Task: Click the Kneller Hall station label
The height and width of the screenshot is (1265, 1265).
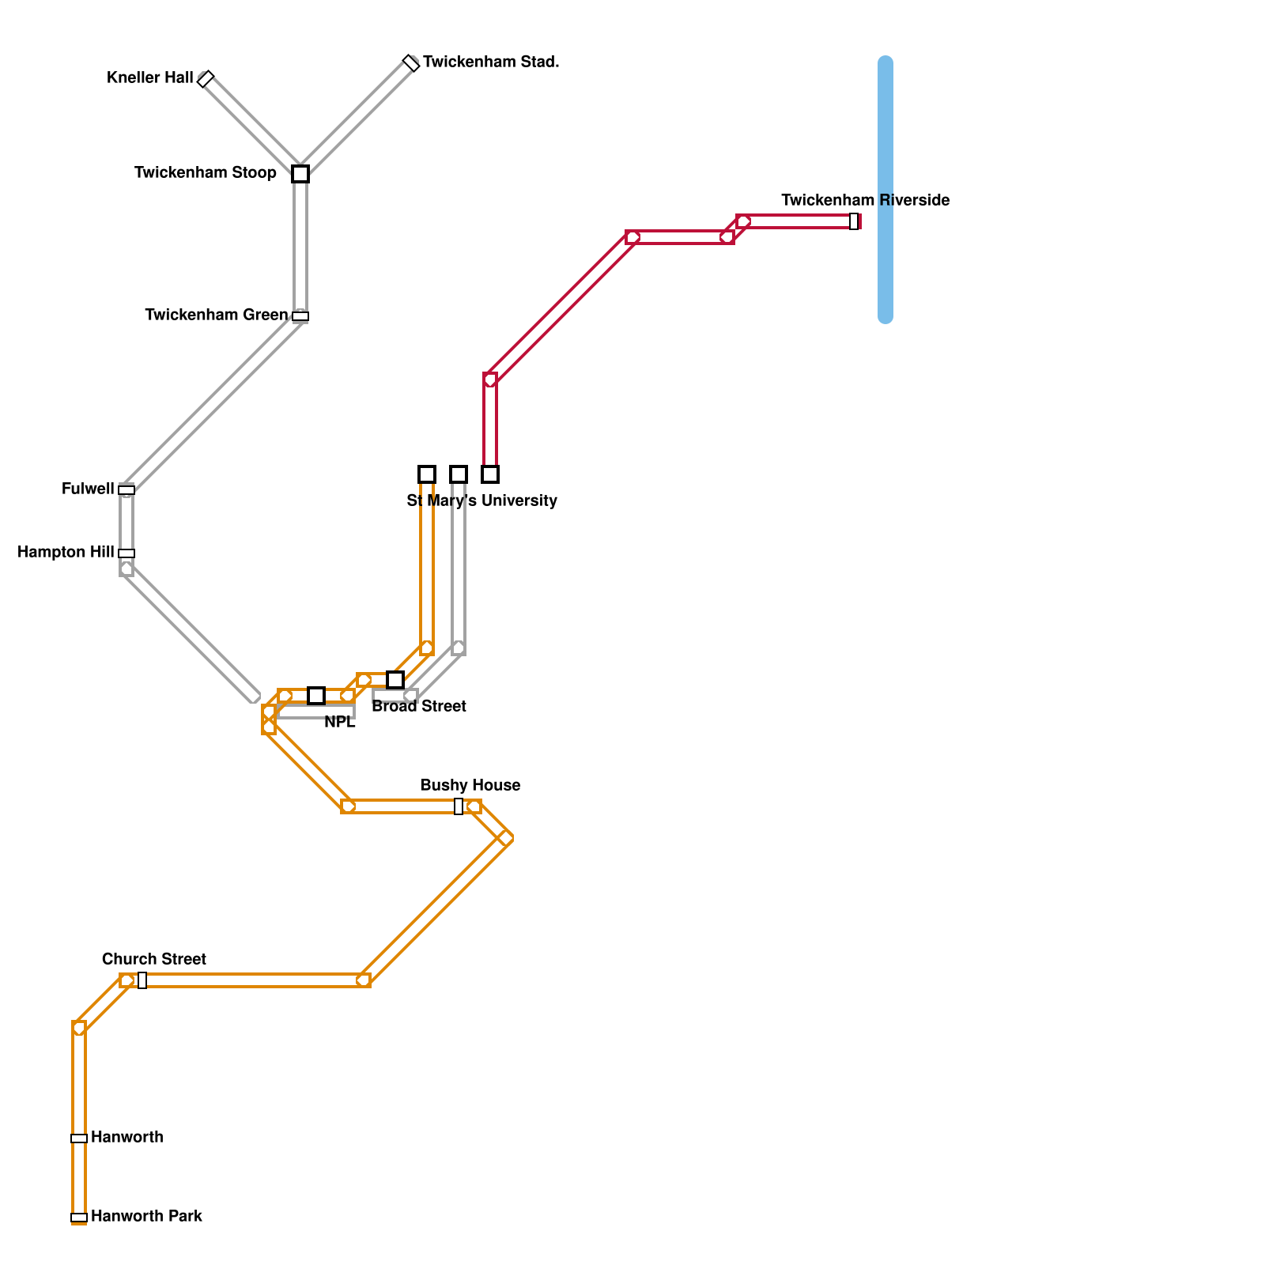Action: (x=149, y=77)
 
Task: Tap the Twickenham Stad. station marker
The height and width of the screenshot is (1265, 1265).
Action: (x=411, y=63)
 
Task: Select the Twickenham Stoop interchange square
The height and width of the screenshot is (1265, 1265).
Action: (x=300, y=174)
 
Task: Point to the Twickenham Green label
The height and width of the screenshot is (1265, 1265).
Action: (x=217, y=315)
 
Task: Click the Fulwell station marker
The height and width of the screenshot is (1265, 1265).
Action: (x=126, y=490)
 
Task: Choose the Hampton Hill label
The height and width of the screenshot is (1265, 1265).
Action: (x=66, y=552)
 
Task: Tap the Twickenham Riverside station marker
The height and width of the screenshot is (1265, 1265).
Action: (x=854, y=221)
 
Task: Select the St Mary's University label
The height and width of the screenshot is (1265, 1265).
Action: (x=481, y=500)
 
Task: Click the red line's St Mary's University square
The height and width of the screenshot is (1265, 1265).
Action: (x=490, y=474)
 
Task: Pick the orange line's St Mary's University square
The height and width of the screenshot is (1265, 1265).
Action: (x=427, y=474)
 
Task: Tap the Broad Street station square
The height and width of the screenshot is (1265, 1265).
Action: (x=395, y=680)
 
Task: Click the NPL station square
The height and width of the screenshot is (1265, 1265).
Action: (x=316, y=696)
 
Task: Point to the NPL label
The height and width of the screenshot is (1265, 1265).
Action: (x=340, y=722)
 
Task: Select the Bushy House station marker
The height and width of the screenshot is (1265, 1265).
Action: (x=459, y=806)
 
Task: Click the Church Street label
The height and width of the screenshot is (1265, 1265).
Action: (x=154, y=959)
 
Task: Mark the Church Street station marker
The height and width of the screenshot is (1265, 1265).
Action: (x=142, y=980)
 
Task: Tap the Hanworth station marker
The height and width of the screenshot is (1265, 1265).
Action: (x=79, y=1138)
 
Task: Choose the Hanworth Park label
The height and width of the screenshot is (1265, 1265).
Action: (x=146, y=1216)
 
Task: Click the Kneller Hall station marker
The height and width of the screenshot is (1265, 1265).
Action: (x=206, y=79)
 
